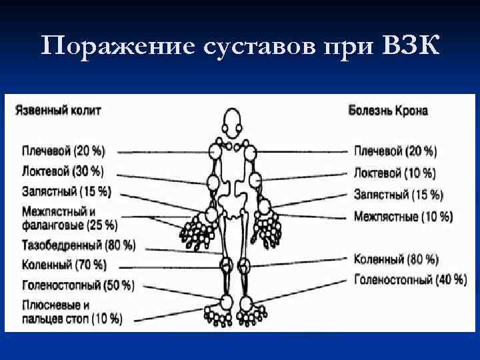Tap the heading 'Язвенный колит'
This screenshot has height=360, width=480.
click(58, 110)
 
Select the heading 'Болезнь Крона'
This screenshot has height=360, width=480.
click(388, 110)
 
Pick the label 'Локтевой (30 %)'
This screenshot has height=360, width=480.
click(63, 171)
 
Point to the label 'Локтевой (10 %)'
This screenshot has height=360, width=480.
click(395, 173)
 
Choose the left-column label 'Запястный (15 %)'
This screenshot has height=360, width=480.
click(66, 192)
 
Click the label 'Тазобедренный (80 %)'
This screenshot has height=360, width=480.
click(79, 245)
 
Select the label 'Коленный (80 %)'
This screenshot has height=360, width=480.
click(396, 259)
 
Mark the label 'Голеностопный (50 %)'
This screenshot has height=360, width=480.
click(78, 285)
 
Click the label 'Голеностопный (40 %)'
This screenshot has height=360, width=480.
click(410, 279)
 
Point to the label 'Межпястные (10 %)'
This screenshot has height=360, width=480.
click(403, 216)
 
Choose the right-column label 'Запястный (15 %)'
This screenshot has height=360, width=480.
click(398, 195)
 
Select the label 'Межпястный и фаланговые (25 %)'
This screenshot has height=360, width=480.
click(69, 218)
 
